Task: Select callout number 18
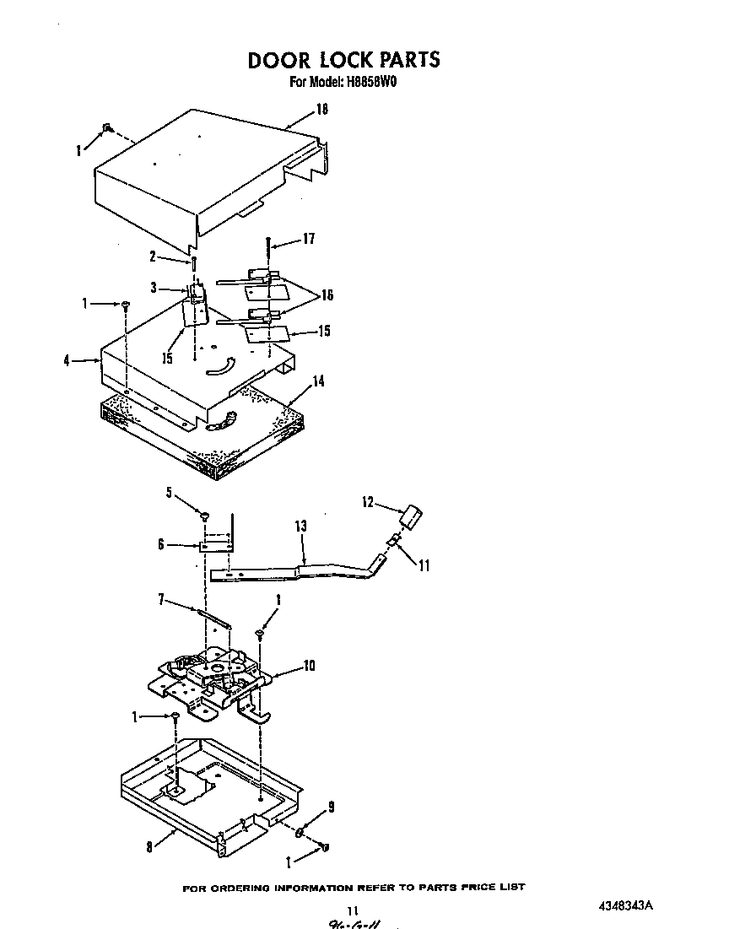321,110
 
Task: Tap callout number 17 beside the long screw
308,240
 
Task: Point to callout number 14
318,381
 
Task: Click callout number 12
367,502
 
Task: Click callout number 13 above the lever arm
301,526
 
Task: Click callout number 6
160,545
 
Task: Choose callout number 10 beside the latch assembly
309,667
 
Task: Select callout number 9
331,807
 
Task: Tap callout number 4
66,361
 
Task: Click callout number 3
154,288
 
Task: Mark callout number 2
153,257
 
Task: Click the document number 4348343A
624,906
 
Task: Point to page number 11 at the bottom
353,910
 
